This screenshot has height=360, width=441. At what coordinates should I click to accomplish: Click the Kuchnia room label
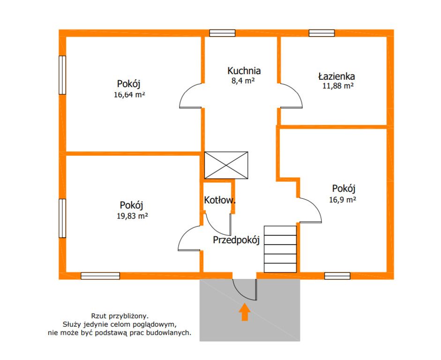pos(244,71)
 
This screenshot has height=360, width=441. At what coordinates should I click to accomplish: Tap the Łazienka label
pos(336,76)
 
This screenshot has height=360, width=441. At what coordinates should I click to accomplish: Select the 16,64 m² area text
pos(129,95)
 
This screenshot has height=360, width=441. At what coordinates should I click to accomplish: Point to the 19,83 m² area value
pos(132,216)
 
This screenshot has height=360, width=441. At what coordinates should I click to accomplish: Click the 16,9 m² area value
pos(343,200)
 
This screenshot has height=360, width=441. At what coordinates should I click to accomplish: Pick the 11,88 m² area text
pos(338,86)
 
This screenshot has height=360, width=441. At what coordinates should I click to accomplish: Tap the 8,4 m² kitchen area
pos(243,81)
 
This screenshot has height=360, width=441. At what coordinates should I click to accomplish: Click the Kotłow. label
pos(220,200)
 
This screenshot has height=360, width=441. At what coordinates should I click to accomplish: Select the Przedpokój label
pos(236,240)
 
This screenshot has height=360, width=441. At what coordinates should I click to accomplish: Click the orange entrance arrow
pos(245,312)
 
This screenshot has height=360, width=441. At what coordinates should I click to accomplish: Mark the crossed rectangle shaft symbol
pos(226,165)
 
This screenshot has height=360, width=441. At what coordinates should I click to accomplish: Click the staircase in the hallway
pos(280,249)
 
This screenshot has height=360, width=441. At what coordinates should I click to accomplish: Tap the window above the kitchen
pos(222,33)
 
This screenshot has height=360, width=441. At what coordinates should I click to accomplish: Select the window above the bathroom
pos(322,33)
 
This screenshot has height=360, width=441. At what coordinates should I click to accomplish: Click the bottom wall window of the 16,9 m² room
pos(337,276)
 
